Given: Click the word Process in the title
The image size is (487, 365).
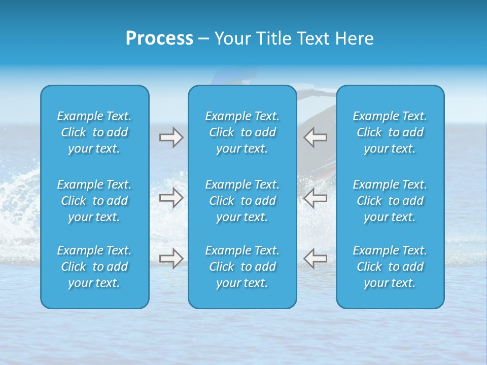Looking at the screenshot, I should click(x=159, y=39).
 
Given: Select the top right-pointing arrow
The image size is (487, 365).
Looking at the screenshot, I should click(x=171, y=137).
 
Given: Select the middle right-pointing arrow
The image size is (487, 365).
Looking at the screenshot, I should click(x=171, y=198).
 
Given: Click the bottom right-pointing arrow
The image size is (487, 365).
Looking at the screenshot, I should click(x=171, y=259).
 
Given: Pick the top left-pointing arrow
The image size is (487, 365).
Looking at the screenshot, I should click(x=315, y=137).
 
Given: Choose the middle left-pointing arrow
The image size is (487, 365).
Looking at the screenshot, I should click(x=315, y=198).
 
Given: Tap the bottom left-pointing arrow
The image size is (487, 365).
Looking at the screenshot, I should click(x=315, y=259).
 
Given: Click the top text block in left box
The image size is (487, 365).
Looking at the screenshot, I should click(x=94, y=132).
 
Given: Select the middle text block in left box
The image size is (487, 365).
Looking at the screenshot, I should click(x=94, y=201).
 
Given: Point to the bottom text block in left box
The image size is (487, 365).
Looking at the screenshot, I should click(x=94, y=267).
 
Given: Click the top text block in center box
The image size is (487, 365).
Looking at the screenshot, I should click(x=242, y=132).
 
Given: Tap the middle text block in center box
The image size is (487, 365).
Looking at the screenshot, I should click(x=242, y=201).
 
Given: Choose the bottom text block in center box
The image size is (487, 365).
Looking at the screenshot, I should click(x=242, y=267).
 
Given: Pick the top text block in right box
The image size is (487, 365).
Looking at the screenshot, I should click(x=390, y=132).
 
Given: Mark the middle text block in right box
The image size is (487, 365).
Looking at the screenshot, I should click(x=390, y=201).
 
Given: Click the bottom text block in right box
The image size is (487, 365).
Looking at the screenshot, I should click(x=390, y=267).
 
